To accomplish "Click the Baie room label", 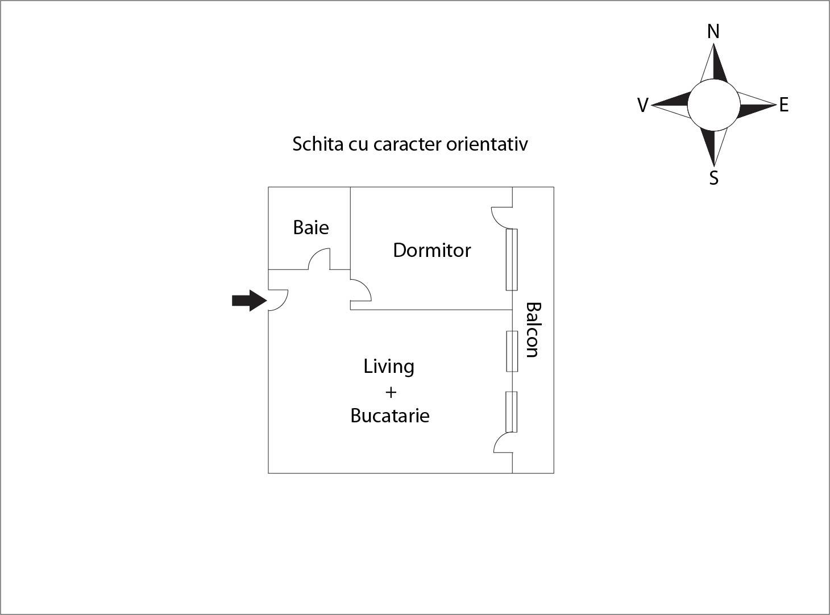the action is [x=311, y=227].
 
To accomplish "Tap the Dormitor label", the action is [x=432, y=251].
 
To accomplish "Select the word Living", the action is [x=389, y=367].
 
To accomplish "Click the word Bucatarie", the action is [x=390, y=415].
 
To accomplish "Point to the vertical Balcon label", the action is [x=533, y=330].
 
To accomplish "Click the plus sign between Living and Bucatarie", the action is [x=391, y=392].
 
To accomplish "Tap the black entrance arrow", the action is [x=249, y=301].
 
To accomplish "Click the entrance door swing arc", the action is [x=278, y=300].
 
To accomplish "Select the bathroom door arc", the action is [x=319, y=259].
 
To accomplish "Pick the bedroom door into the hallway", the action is [x=361, y=290].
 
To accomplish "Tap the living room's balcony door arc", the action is [x=503, y=442].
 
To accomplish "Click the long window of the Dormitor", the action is [x=512, y=260].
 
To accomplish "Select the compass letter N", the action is [x=713, y=32].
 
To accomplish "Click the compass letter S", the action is [x=713, y=178].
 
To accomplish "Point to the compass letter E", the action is [x=784, y=105].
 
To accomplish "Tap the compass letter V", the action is [x=642, y=105].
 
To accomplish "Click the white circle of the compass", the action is [x=713, y=105].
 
